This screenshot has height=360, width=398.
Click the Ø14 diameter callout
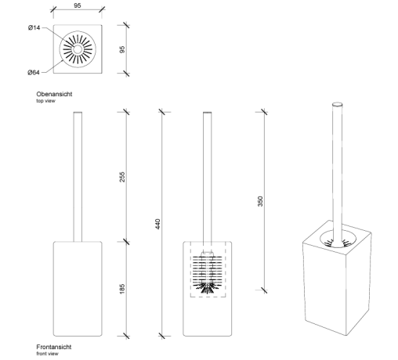point(34,27)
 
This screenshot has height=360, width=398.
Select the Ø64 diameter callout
point(34,73)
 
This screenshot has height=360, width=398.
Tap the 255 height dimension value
point(122,177)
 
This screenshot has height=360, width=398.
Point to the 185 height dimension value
point(122,289)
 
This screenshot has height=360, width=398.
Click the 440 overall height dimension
point(157,224)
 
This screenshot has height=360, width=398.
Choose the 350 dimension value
point(260,201)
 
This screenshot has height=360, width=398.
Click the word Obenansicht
point(54,94)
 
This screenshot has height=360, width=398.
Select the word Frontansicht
point(54,347)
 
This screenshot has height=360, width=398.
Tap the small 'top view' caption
point(45,101)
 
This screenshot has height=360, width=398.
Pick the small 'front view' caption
point(47,354)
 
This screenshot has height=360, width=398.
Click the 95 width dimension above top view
point(78,5)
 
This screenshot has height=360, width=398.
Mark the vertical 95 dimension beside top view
point(122,49)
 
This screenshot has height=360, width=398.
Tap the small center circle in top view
point(78,49)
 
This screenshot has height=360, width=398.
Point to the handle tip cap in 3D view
point(337,104)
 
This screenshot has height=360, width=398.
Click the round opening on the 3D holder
point(338,239)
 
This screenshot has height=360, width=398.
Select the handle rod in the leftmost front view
point(78,177)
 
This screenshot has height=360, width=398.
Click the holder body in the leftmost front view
point(78,289)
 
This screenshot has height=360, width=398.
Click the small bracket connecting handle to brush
point(208,254)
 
